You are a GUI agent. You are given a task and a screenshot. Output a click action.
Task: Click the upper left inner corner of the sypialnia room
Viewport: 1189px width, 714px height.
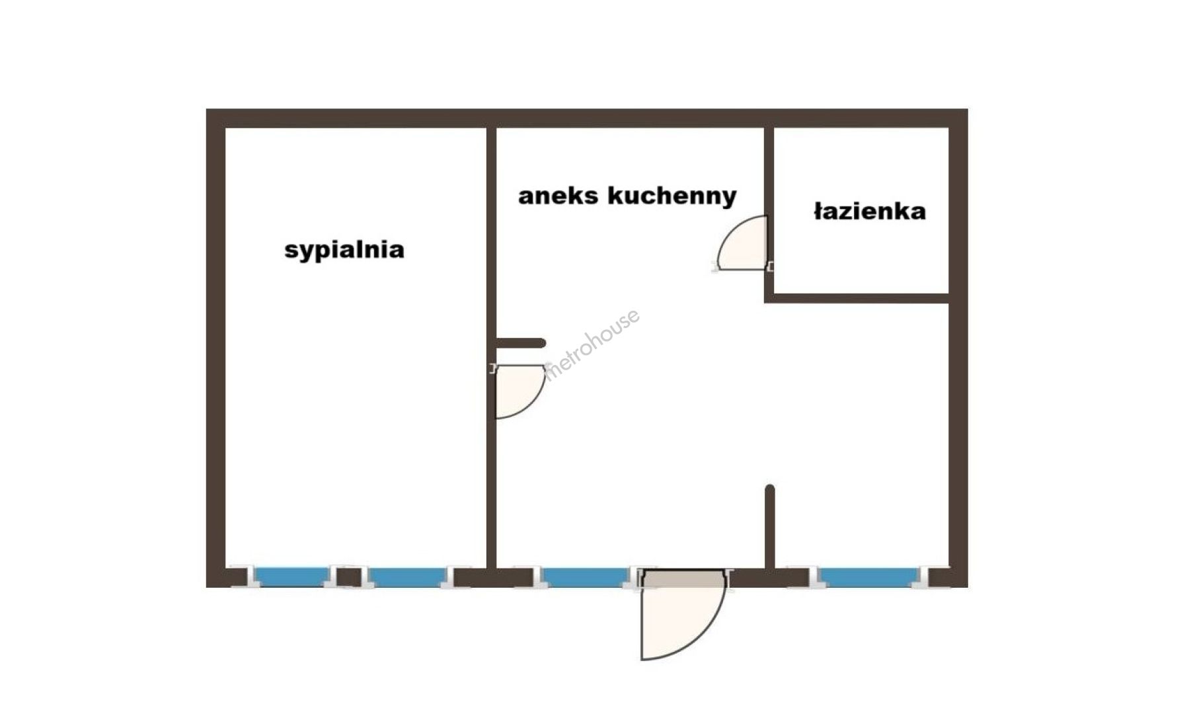pos(226,128)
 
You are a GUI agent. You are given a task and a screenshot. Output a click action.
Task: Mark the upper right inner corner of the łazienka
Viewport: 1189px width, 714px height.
pos(948,128)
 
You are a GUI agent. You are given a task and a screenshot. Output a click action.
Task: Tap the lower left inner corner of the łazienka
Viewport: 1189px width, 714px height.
pos(774,293)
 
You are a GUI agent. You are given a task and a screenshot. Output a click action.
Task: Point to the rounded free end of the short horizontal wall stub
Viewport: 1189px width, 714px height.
pos(543,343)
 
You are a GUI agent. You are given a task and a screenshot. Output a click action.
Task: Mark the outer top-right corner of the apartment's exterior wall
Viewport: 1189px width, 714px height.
pos(968,109)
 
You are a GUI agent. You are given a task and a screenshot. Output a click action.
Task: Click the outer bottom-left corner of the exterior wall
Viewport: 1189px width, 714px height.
pos(207,586)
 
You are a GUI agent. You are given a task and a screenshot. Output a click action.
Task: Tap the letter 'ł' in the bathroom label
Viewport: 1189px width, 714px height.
pos(818,212)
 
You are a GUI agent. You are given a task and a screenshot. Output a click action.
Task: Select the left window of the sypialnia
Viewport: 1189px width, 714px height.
pos(292,577)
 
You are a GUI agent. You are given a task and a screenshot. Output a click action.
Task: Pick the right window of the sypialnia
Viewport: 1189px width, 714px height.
pos(407,577)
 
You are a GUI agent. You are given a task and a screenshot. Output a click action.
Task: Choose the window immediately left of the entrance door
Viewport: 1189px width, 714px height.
pos(586,577)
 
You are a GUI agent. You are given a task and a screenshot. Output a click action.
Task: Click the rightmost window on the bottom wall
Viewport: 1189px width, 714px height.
pos(869,577)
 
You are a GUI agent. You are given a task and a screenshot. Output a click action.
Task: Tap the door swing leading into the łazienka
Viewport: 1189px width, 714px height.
pos(742,243)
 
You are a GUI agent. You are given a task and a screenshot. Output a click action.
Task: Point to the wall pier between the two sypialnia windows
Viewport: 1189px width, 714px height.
pos(349,577)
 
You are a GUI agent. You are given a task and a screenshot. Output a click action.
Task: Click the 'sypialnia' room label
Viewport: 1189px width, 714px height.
pos(344,250)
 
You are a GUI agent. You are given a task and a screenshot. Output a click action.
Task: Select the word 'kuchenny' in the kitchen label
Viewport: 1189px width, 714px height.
pos(671,196)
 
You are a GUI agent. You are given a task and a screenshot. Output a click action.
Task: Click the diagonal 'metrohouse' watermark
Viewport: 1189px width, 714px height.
pos(592,344)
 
